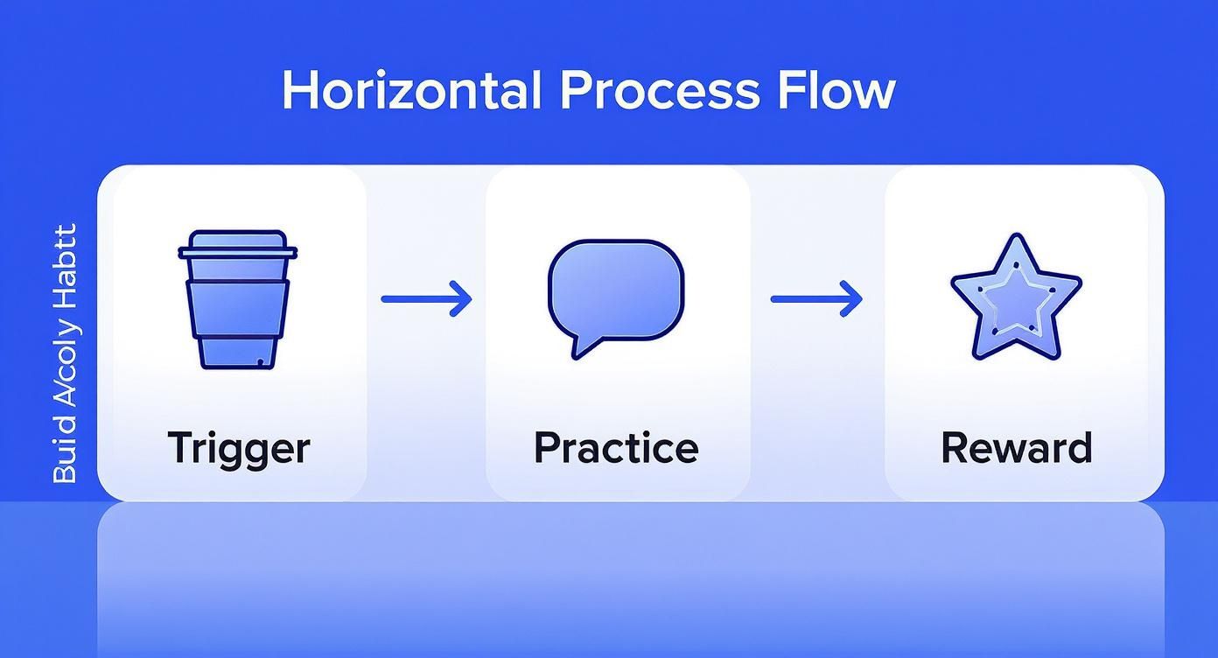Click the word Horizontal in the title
tap(412, 90)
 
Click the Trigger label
tap(238, 447)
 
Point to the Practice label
tap(616, 447)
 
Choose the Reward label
tap(1016, 447)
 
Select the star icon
tap(1015, 297)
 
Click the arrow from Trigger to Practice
tap(426, 299)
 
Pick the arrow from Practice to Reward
tap(815, 299)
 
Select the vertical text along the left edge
tap(65, 353)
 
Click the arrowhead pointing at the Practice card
tap(461, 299)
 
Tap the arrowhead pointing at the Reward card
tap(851, 299)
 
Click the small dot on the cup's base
tap(259, 360)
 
